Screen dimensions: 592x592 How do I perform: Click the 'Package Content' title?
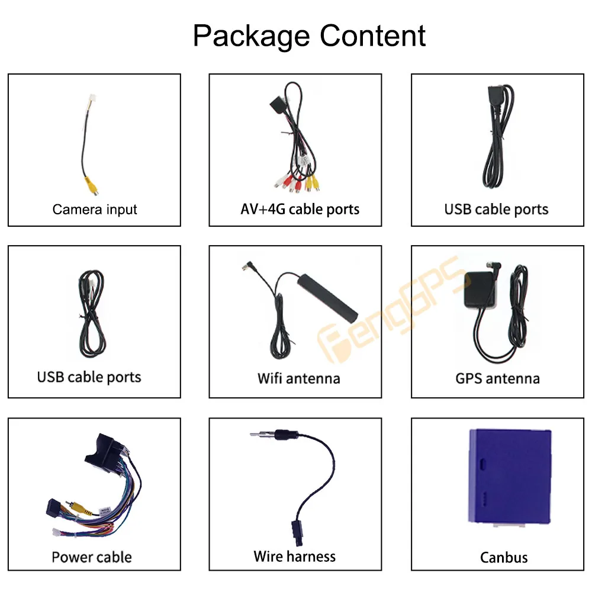(x=309, y=36)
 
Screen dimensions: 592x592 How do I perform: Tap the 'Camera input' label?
(x=95, y=209)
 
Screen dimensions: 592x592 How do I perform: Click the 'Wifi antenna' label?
(x=298, y=378)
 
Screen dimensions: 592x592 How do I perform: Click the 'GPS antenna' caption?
(x=497, y=378)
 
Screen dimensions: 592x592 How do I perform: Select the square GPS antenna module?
(x=481, y=289)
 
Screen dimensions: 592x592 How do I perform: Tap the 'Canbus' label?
(x=504, y=557)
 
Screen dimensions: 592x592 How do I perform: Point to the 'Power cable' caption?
(x=92, y=557)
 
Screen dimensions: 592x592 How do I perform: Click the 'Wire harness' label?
(x=294, y=556)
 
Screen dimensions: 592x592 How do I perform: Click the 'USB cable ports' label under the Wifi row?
(x=89, y=377)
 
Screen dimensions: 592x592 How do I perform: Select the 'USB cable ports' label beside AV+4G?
(x=496, y=209)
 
